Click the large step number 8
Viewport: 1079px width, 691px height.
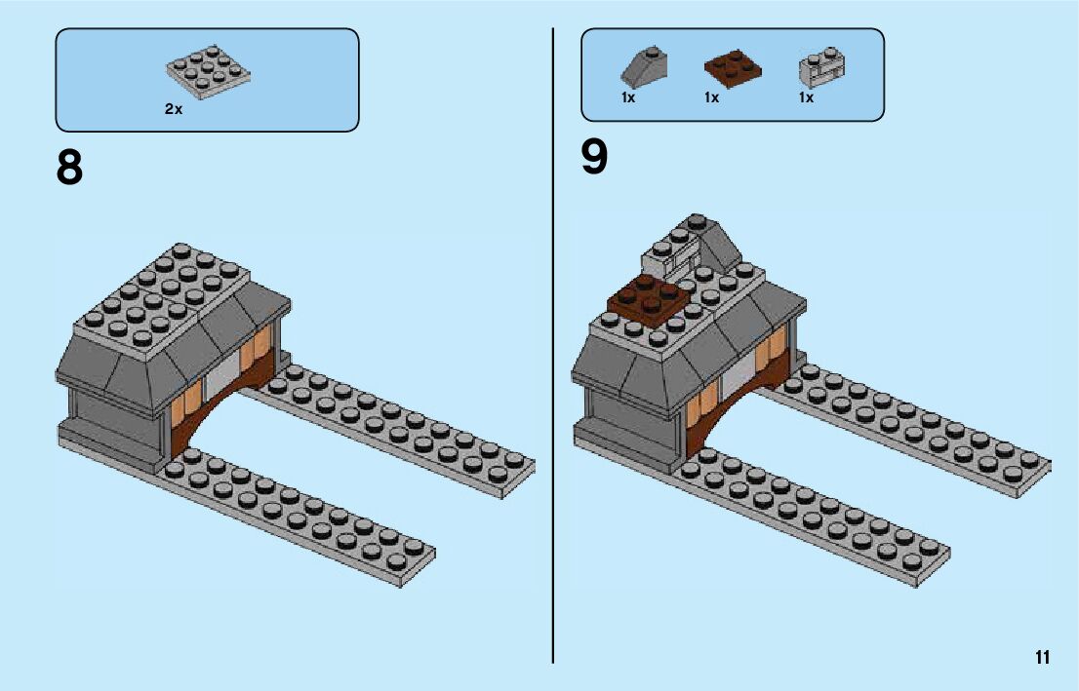coord(69,168)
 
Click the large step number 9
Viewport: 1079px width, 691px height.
coord(594,158)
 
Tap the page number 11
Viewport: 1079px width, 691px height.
coord(1043,657)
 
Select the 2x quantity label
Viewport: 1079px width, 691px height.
coord(173,110)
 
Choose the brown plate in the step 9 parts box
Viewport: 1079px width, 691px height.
coord(732,68)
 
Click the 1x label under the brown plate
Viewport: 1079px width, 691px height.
coord(711,98)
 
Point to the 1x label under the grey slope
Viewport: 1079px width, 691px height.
coord(628,98)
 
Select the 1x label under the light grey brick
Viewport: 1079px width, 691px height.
coord(806,98)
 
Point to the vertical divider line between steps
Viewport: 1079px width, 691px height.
coord(553,390)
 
